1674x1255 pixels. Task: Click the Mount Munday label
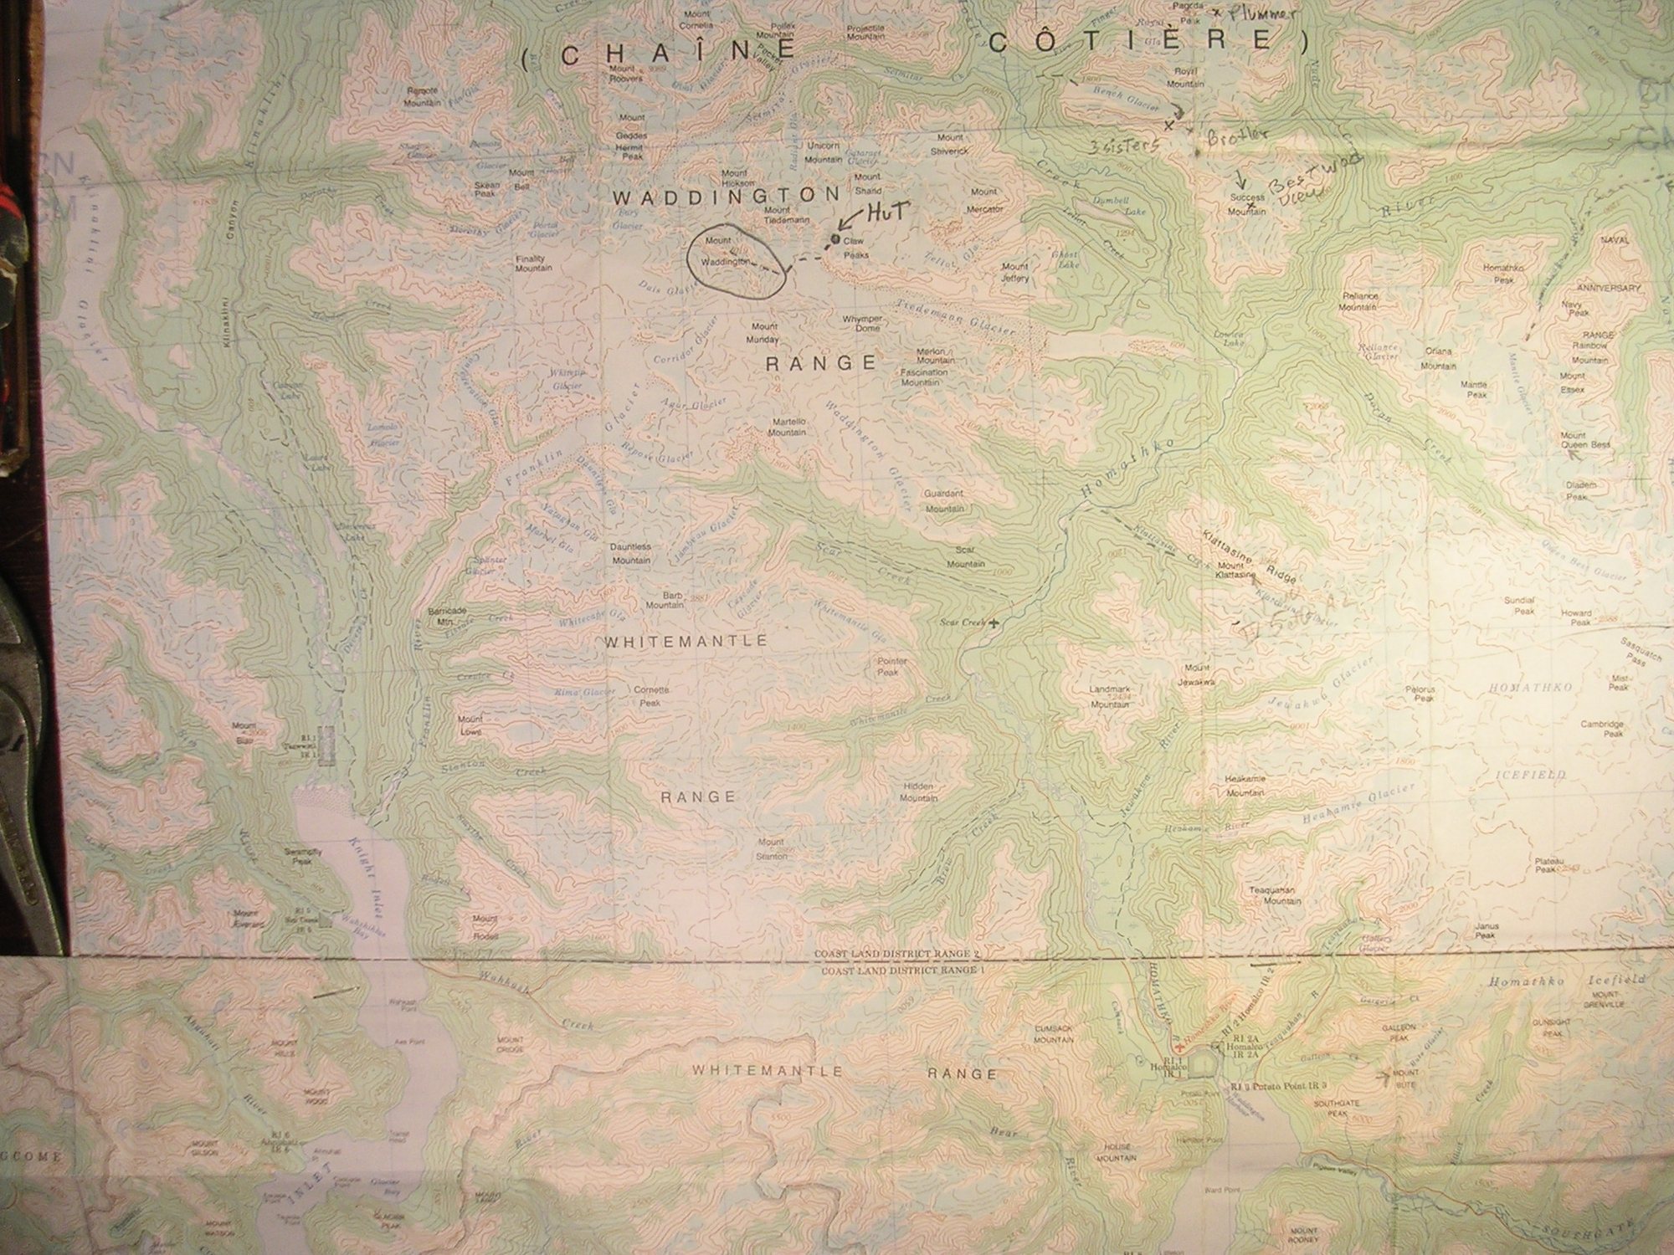pos(764,334)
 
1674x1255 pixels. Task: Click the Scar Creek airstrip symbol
pos(994,623)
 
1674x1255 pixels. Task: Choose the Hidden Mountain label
pos(918,792)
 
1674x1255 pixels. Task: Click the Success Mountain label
pos(1247,205)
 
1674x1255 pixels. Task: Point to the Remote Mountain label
pos(423,97)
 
